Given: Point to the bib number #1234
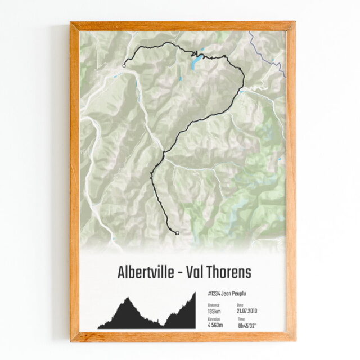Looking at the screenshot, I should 213,294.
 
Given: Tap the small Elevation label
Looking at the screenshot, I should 214,319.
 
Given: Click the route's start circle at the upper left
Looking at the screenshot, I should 124,66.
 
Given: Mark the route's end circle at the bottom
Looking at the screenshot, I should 177,232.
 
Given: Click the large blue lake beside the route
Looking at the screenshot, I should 195,62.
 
